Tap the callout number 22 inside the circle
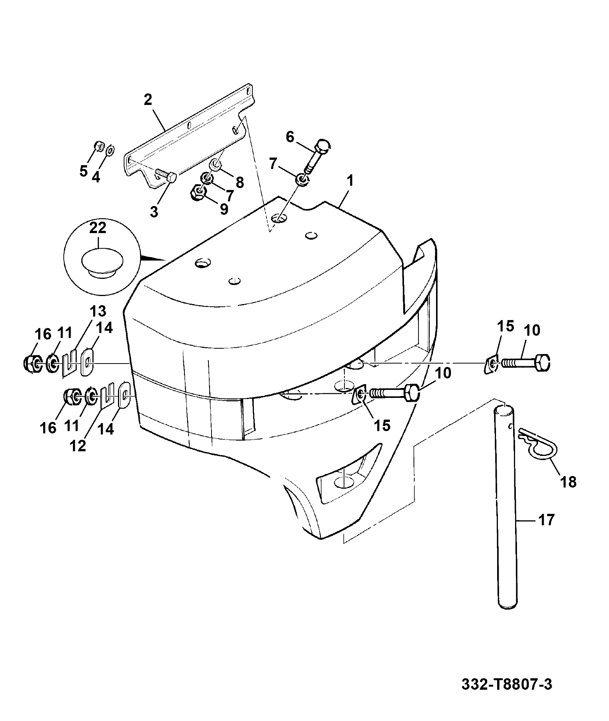98,229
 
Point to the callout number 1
350,180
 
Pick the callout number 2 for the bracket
148,100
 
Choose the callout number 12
78,446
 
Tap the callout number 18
569,482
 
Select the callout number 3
154,211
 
